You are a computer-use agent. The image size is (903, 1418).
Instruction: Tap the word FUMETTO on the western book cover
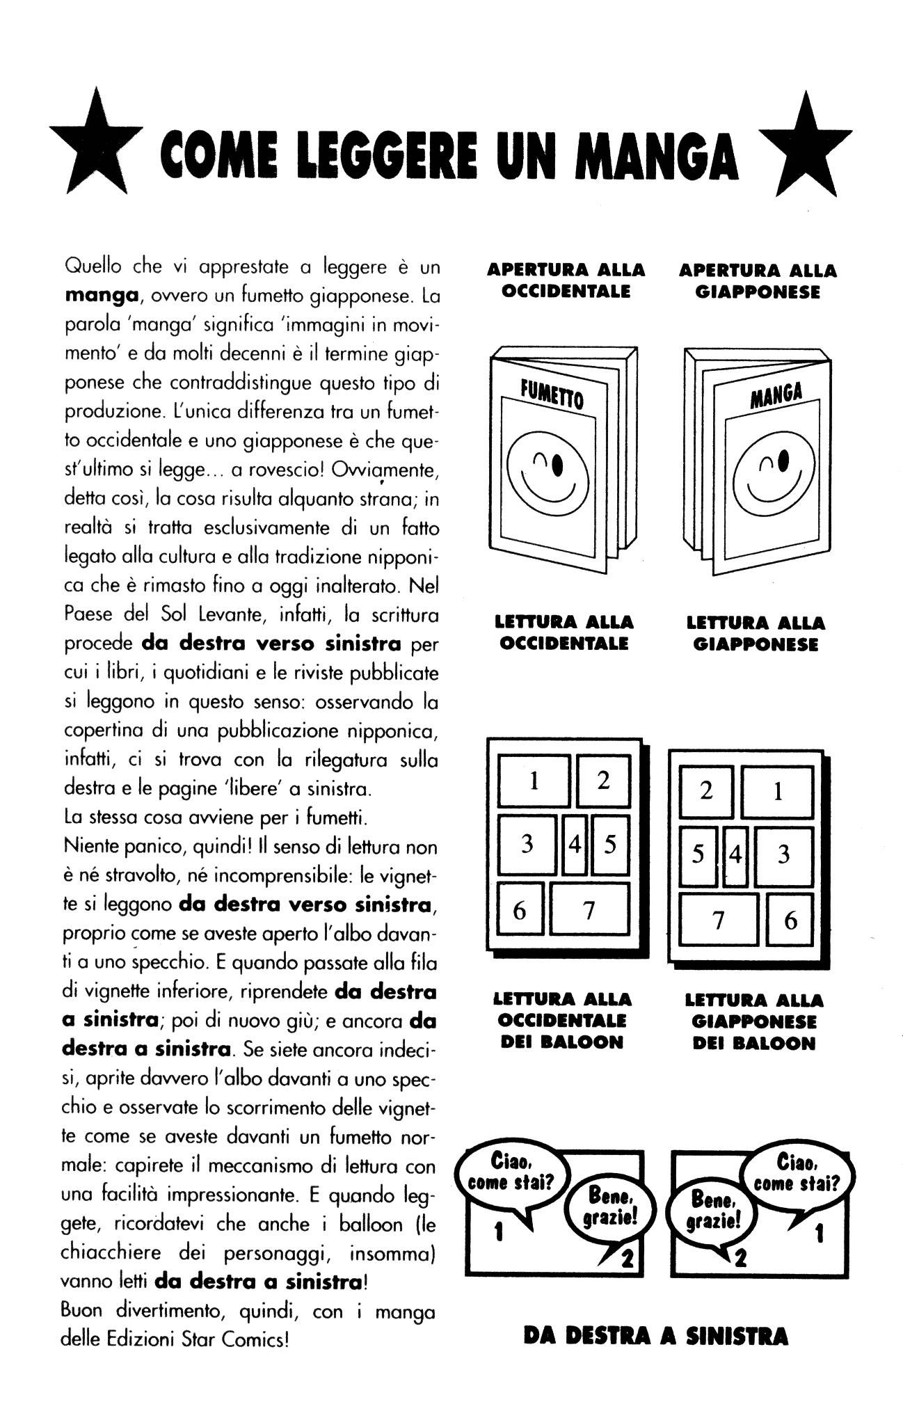pos(553,395)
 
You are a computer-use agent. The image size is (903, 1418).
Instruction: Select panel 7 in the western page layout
pos(589,909)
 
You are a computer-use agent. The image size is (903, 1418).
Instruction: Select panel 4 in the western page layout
pos(575,845)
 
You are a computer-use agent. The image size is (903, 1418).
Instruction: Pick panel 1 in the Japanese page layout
pos(777,791)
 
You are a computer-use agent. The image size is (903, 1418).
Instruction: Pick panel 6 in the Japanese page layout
pos(790,920)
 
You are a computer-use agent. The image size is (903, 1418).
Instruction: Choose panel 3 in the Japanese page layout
pos(783,855)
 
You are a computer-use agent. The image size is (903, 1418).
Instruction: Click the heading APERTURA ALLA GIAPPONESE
pos(758,280)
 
